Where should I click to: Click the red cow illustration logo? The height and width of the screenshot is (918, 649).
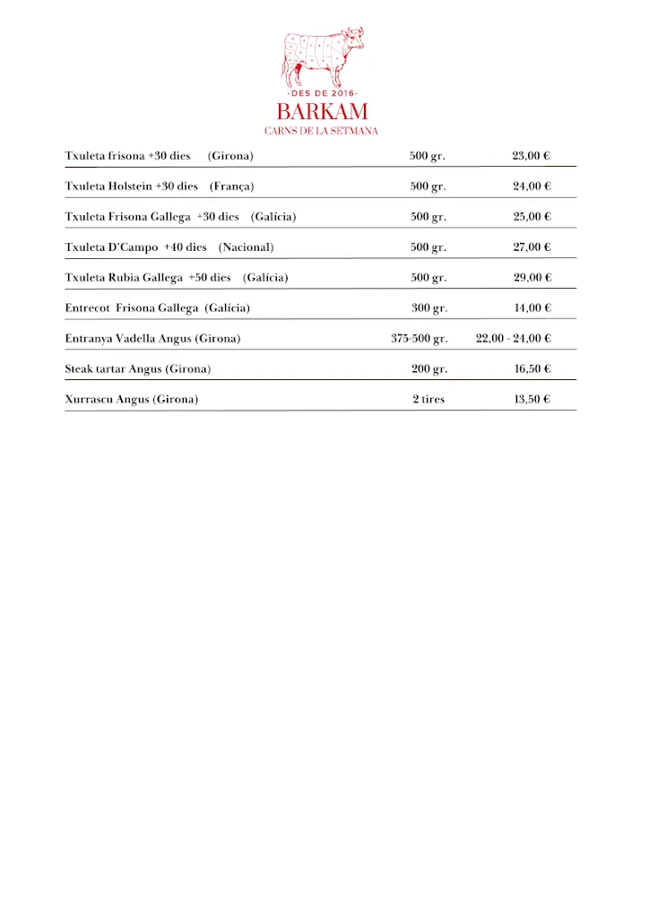tap(323, 56)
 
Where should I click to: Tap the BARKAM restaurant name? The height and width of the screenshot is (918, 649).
tap(322, 113)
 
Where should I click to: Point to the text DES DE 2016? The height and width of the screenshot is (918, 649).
tap(322, 94)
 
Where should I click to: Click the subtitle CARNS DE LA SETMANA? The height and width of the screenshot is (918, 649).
tap(322, 131)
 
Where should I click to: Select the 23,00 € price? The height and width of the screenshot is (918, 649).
tap(531, 156)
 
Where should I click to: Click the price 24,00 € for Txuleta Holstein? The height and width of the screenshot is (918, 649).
tap(532, 186)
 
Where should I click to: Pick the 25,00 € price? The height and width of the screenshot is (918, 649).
tap(532, 217)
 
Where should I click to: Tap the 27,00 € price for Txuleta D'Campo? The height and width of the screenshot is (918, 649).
tap(532, 247)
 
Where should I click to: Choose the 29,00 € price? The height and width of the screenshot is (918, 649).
tap(532, 278)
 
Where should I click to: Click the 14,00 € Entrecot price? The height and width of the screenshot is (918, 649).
tap(532, 308)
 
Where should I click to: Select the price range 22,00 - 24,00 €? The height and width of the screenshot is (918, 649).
tap(513, 339)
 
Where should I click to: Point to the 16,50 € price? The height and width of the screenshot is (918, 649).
tap(532, 369)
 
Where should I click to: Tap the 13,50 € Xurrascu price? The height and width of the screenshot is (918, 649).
tap(532, 400)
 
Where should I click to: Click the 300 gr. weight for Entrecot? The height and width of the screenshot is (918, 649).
tap(428, 308)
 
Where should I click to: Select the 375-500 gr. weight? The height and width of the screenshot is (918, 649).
tap(419, 339)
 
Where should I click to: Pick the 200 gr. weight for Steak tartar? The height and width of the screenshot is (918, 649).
tap(428, 369)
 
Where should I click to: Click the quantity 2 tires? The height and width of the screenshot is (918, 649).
tap(428, 400)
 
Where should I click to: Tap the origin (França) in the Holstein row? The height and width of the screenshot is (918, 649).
tap(232, 186)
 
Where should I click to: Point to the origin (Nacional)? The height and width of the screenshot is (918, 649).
tap(246, 247)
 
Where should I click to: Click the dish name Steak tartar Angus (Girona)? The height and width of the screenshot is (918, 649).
tap(138, 369)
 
